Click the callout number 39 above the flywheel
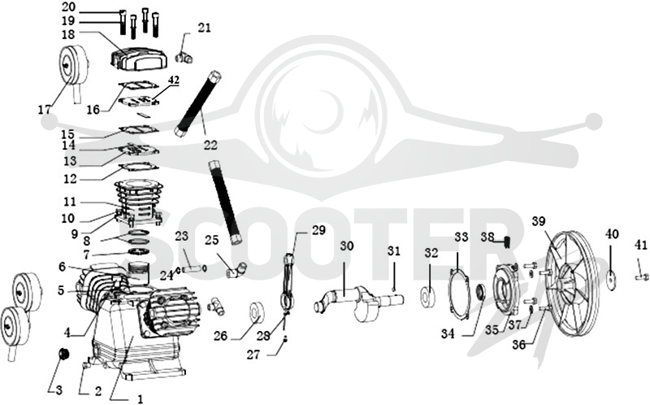[x=539, y=221]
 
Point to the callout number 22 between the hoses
[x=210, y=146]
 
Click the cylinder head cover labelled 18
[x=139, y=57]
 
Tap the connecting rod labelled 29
[x=288, y=282]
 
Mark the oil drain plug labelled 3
[x=63, y=355]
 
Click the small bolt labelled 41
[x=641, y=276]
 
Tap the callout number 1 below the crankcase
[x=140, y=398]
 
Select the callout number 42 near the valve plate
[x=174, y=80]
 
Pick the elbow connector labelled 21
[x=184, y=57]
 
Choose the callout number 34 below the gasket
[x=448, y=333]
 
